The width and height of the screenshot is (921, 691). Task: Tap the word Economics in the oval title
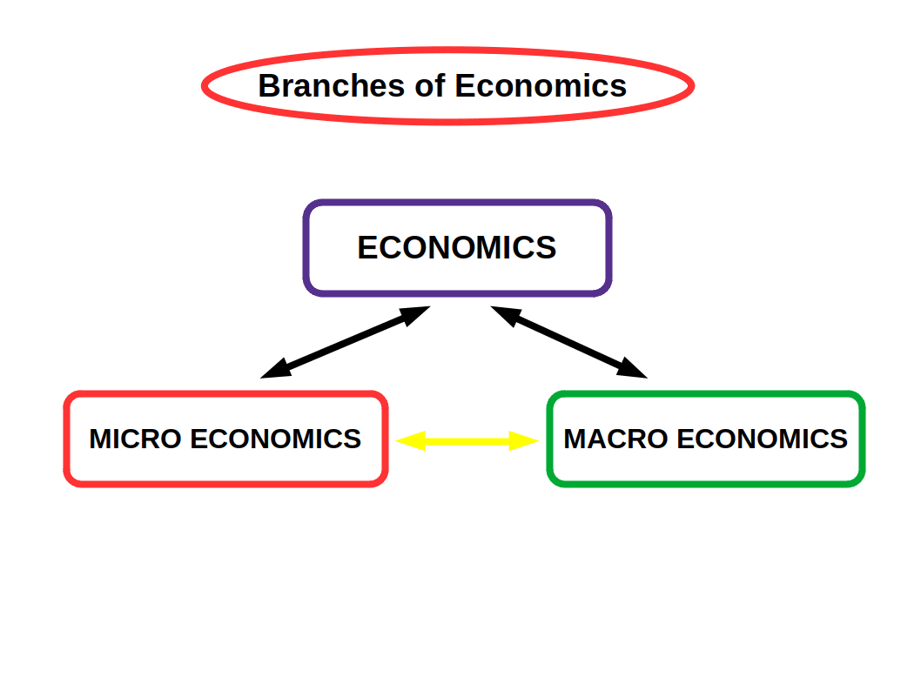pyautogui.click(x=541, y=86)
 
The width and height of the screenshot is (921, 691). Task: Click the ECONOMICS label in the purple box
pyautogui.click(x=457, y=248)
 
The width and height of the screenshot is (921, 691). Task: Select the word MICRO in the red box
pyautogui.click(x=135, y=439)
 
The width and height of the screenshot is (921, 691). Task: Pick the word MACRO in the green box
pyautogui.click(x=615, y=439)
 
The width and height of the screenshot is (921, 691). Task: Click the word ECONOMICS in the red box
pyautogui.click(x=275, y=439)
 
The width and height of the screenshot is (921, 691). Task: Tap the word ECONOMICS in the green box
pyautogui.click(x=762, y=439)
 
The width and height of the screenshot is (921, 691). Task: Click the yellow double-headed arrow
pyautogui.click(x=467, y=441)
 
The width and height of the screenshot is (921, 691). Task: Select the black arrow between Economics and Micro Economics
pyautogui.click(x=346, y=342)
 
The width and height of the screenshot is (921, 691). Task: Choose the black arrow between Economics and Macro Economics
pyautogui.click(x=569, y=342)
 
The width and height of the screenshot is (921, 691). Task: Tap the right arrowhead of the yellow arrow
pyautogui.click(x=526, y=441)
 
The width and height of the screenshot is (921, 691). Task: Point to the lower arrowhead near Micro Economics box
pyautogui.click(x=273, y=372)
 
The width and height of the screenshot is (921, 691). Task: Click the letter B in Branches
pyautogui.click(x=269, y=86)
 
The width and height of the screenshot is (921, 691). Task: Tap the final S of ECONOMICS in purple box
pyautogui.click(x=546, y=248)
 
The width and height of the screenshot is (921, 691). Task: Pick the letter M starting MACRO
pyautogui.click(x=575, y=439)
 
